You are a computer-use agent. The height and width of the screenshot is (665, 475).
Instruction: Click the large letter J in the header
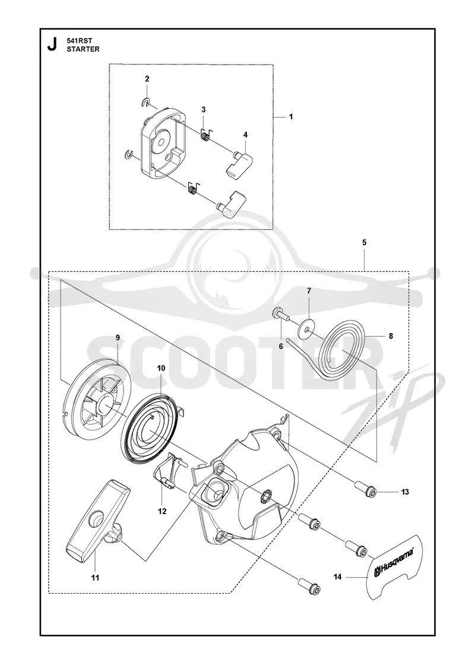52,44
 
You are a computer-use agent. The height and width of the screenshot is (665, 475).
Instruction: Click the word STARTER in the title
83,49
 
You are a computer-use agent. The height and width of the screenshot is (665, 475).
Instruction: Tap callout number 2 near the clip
147,79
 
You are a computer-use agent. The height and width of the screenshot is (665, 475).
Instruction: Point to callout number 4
246,134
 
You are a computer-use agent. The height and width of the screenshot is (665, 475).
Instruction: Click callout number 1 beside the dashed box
291,116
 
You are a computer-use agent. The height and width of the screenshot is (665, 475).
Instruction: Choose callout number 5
365,243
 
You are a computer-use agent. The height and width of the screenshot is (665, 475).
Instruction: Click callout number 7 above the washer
309,291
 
